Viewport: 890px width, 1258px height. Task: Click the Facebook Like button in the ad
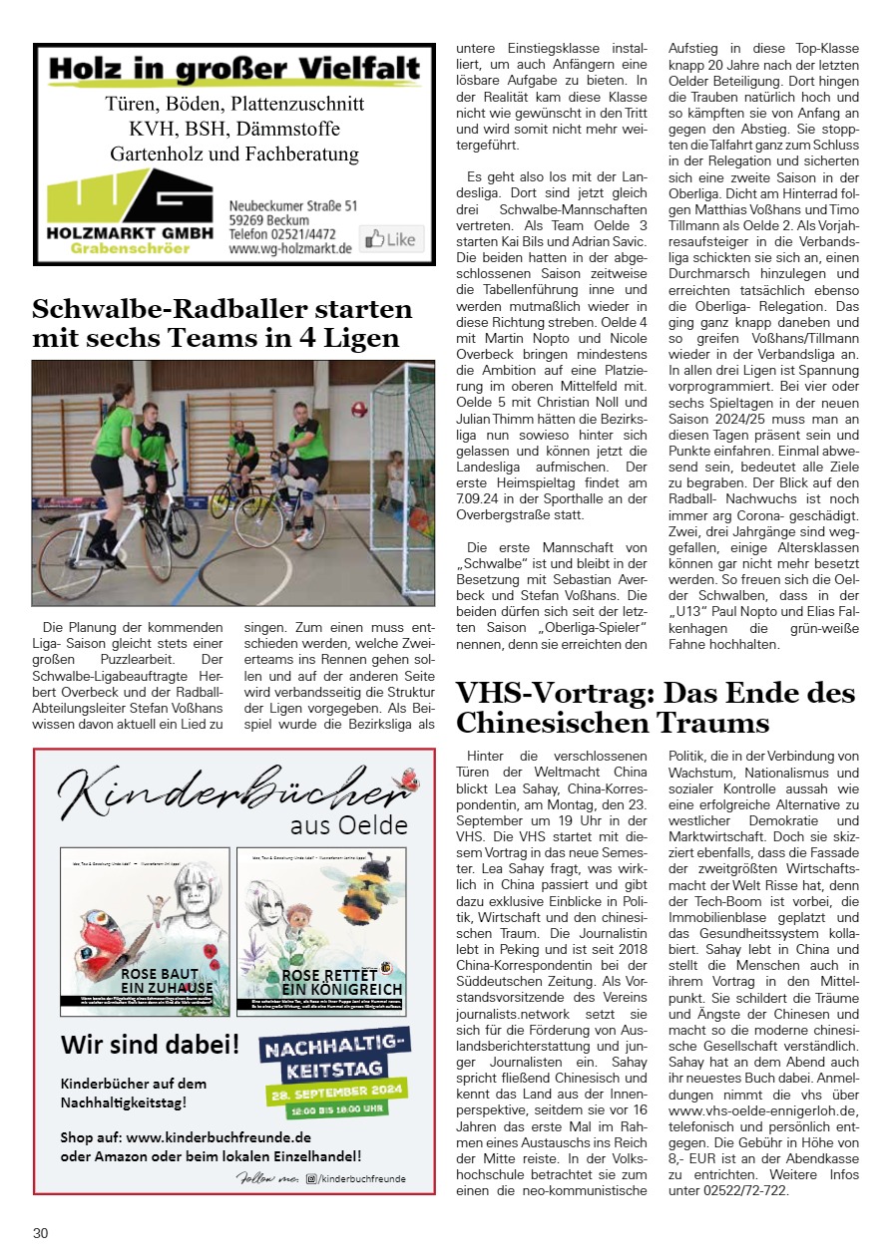[x=389, y=239]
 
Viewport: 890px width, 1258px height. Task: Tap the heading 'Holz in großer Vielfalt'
[x=233, y=69]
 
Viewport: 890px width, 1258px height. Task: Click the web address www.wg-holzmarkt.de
[x=289, y=249]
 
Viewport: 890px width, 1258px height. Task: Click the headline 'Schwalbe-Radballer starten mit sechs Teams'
[x=222, y=322]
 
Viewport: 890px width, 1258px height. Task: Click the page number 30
[x=40, y=1233]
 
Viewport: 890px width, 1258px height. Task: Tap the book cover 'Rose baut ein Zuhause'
[x=145, y=932]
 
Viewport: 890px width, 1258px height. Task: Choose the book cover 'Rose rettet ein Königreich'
[x=321, y=932]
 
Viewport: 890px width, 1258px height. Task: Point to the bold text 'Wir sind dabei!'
[x=150, y=1045]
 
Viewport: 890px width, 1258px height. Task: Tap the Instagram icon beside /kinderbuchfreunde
[x=311, y=1178]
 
